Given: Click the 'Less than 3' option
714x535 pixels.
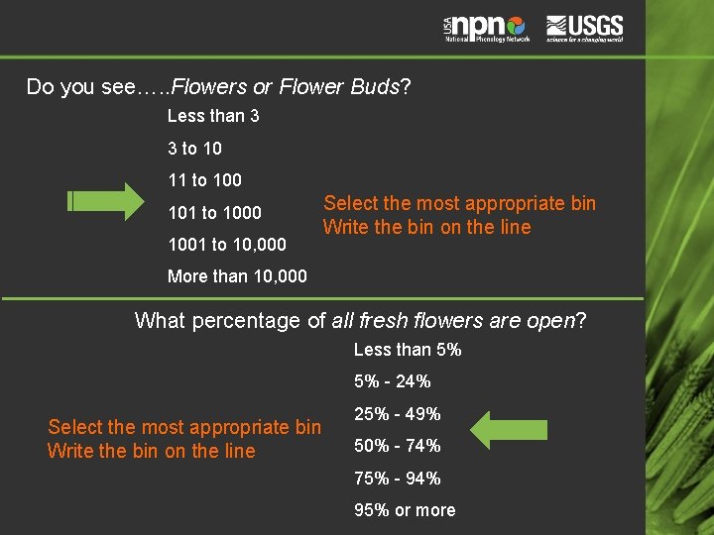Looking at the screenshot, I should [x=213, y=116].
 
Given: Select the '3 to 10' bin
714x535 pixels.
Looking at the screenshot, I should [x=194, y=149].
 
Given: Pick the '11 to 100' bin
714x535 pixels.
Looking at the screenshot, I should [x=204, y=180].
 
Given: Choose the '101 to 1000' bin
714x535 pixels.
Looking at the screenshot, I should [x=214, y=212].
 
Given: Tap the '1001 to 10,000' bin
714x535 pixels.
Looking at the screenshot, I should [x=227, y=244].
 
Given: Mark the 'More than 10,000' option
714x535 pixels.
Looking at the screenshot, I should [x=237, y=276].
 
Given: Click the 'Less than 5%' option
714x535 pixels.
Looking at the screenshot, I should [x=408, y=350].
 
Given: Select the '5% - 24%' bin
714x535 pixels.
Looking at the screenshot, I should [x=393, y=381].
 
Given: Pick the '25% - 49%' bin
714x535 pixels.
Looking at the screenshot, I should [x=398, y=414].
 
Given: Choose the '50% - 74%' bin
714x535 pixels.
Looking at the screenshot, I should [x=398, y=446].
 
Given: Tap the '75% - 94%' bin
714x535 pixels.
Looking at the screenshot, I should [x=398, y=479].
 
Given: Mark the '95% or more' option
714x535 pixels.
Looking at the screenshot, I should [x=405, y=510].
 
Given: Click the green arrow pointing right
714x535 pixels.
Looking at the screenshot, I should [x=106, y=201].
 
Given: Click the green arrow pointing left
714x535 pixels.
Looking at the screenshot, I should [x=508, y=430].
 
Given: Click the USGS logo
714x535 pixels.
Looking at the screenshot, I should [x=584, y=27].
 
